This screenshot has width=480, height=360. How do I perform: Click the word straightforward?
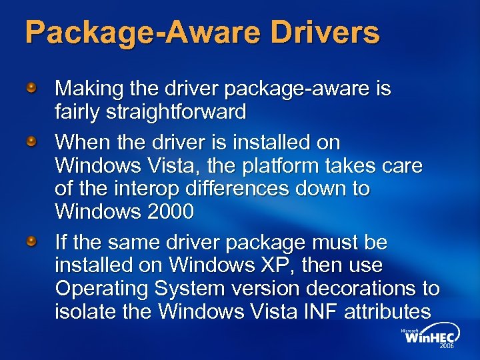179,112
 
